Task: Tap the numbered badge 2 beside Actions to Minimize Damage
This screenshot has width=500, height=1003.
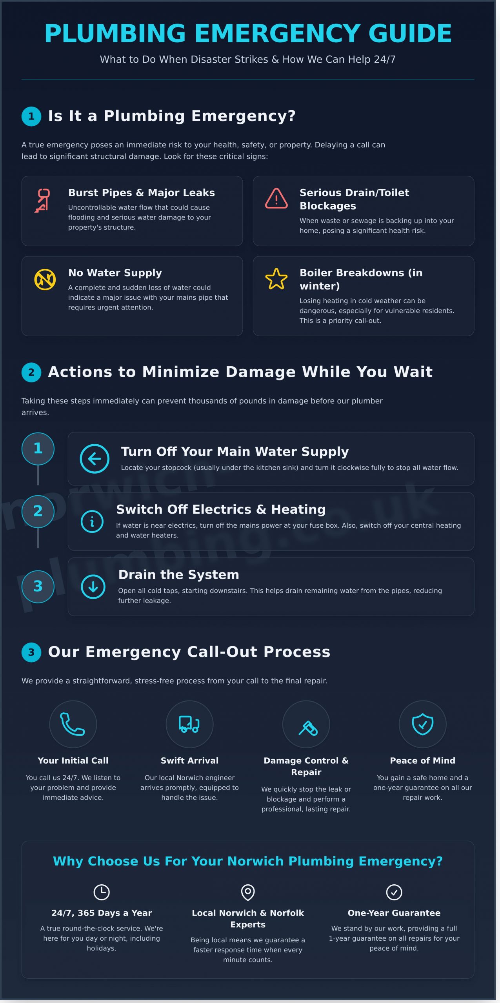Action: coord(31,372)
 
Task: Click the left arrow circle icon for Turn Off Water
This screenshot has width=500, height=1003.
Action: coord(95,458)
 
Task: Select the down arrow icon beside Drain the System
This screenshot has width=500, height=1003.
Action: coord(93,587)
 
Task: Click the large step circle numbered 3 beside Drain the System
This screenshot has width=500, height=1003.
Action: coord(38,586)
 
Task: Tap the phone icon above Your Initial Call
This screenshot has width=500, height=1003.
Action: coord(72,724)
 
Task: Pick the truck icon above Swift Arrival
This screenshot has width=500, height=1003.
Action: coord(189,724)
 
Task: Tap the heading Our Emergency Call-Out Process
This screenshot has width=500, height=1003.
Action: coord(189,652)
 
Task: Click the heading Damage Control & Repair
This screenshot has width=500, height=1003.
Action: coord(306,766)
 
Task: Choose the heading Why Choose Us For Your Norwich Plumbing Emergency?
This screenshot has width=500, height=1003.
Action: coord(248,861)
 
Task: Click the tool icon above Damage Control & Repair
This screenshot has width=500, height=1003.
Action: coord(308,728)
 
